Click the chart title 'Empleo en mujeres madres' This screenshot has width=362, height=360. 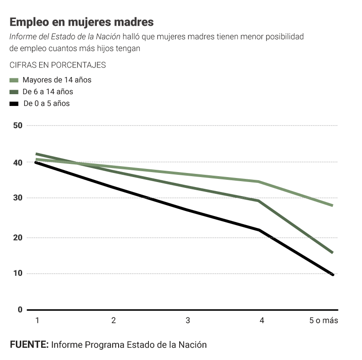point(81,22)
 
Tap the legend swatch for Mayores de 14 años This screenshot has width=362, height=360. point(14,80)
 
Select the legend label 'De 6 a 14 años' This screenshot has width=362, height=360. point(48,91)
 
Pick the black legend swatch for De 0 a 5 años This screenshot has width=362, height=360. point(14,104)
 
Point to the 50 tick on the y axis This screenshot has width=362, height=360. point(18,125)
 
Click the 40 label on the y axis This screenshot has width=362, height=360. point(18,162)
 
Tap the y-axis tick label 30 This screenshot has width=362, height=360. point(18,198)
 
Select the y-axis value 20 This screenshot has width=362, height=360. point(18,237)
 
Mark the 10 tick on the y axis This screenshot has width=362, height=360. point(18,274)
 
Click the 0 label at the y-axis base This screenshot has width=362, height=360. point(20,310)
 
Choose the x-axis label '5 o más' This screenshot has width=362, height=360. point(324,321)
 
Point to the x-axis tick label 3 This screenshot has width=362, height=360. point(188,321)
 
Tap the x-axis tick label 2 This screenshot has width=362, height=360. point(114,321)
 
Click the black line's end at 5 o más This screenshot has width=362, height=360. point(333,274)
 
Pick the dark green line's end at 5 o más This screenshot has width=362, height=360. point(333,253)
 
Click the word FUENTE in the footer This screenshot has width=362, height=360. point(29,345)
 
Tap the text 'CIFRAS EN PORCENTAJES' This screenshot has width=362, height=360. point(57,65)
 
